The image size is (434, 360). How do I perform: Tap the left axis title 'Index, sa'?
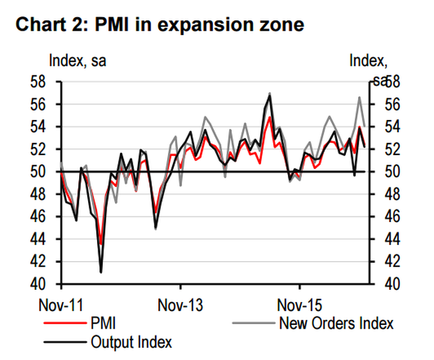[78, 61]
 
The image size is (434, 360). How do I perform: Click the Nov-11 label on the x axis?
[63, 305]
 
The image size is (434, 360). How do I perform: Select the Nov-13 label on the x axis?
[181, 305]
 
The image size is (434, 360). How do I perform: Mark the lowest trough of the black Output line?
[101, 273]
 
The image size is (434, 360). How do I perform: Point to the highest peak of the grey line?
[270, 93]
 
